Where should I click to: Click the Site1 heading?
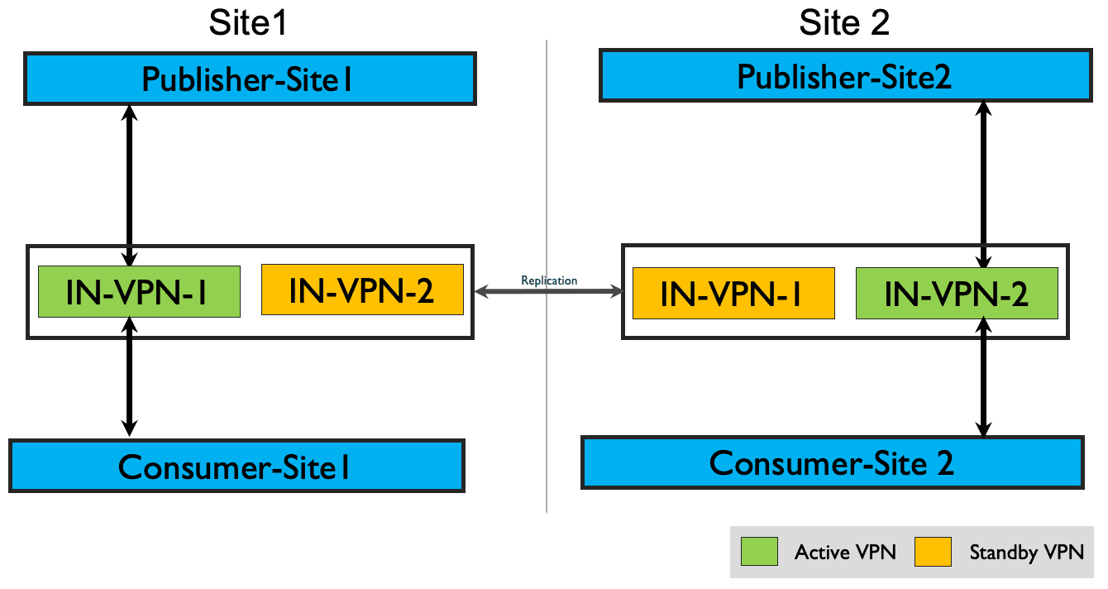pyautogui.click(x=248, y=23)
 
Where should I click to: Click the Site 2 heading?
pyautogui.click(x=844, y=23)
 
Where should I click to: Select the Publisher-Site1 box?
pyautogui.click(x=250, y=79)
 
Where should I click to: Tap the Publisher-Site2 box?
pyautogui.click(x=845, y=76)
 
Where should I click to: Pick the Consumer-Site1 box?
pyautogui.click(x=236, y=466)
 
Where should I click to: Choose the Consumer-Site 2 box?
pyautogui.click(x=833, y=462)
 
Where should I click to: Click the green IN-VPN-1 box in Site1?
pyautogui.click(x=139, y=291)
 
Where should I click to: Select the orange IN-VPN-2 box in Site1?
pyautogui.click(x=362, y=290)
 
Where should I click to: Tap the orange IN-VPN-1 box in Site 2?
pyautogui.click(x=733, y=294)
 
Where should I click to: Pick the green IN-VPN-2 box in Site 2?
pyautogui.click(x=957, y=294)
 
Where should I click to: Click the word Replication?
pyautogui.click(x=549, y=280)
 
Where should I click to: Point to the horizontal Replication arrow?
pyautogui.click(x=548, y=291)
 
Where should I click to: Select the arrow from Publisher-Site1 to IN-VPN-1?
pyautogui.click(x=130, y=186)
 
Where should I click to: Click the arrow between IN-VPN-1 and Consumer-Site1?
pyautogui.click(x=130, y=377)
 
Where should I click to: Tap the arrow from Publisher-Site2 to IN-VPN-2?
pyautogui.click(x=983, y=185)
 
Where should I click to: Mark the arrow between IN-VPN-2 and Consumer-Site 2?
pyautogui.click(x=983, y=377)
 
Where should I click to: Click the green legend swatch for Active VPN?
pyautogui.click(x=759, y=552)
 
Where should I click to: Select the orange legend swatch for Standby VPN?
pyautogui.click(x=933, y=552)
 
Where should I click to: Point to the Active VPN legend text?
pyautogui.click(x=845, y=552)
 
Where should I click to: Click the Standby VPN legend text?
pyautogui.click(x=1027, y=553)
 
